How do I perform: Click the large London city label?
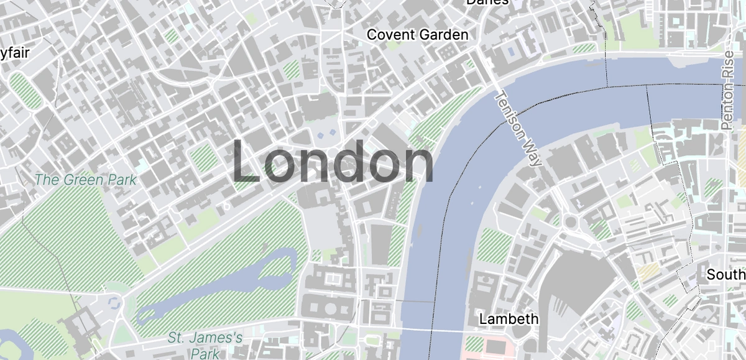pos(333,163)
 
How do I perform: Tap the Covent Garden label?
pos(417,35)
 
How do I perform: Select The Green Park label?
pos(86,180)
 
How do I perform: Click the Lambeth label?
pos(509,319)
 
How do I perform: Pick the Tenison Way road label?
pos(517,129)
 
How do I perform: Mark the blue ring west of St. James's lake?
pos(113,303)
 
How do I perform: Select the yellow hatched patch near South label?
pos(649,271)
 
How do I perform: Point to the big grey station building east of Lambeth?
pos(575,283)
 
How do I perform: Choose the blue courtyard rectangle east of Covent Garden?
pos(512,51)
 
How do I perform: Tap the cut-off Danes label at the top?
pos(487,2)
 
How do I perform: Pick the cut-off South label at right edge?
pos(726,274)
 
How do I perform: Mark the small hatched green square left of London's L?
pos(203,157)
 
